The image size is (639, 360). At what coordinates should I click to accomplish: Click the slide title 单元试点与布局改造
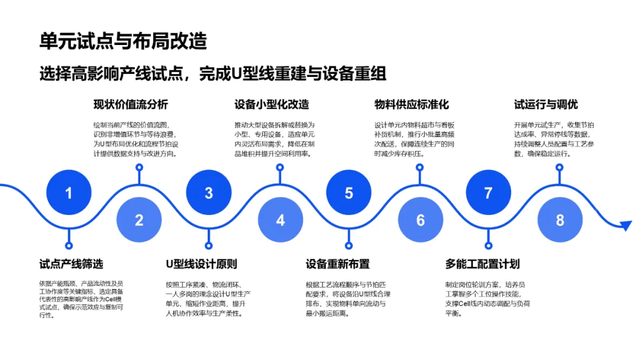tap(123, 41)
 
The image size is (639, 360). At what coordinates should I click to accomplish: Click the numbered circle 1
tap(69, 192)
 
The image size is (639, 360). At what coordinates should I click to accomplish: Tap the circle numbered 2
tap(139, 220)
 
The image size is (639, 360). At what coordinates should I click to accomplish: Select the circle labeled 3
tap(209, 192)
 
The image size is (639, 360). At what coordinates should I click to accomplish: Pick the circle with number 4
tap(280, 220)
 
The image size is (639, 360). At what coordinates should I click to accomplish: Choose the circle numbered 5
tap(349, 192)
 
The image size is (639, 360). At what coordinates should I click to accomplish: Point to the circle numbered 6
tap(420, 220)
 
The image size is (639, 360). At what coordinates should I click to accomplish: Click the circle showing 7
tap(488, 192)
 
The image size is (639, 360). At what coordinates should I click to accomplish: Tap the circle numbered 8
tap(560, 220)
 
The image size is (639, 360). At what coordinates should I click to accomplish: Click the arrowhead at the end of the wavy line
tap(626, 225)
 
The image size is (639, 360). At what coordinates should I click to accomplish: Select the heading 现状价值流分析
tap(131, 105)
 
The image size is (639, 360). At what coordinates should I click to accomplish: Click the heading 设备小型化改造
tap(272, 105)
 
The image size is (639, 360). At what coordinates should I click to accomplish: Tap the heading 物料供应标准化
tap(412, 105)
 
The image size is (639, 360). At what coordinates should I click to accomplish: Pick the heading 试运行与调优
tap(546, 105)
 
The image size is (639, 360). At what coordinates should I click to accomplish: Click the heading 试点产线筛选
tap(71, 264)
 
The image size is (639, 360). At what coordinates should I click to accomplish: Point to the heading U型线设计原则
tap(202, 264)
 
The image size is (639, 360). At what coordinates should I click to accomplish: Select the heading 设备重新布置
tap(338, 264)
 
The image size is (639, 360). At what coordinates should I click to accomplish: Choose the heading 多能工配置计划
tap(482, 264)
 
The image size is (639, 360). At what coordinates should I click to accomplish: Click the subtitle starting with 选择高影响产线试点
tap(212, 73)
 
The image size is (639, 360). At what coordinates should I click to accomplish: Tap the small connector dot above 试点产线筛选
tap(69, 245)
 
